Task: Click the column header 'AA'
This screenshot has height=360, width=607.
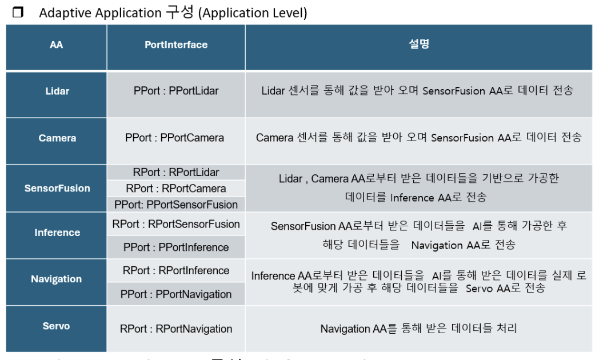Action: [56, 45]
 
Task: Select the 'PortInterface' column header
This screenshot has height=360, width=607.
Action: [176, 45]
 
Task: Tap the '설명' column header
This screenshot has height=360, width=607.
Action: [418, 45]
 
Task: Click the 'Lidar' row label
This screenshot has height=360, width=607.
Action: [56, 91]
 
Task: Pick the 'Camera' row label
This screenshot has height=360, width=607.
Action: [57, 138]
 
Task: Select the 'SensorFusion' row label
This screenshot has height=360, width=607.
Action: [57, 189]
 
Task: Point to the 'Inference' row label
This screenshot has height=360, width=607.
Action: [57, 233]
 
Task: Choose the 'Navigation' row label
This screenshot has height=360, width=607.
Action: [56, 279]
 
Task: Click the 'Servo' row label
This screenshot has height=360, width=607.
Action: [56, 326]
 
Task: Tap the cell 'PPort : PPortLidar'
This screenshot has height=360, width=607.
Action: [176, 91]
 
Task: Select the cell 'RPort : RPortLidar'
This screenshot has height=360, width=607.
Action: [176, 173]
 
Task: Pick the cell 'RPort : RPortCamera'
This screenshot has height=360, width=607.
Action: [176, 189]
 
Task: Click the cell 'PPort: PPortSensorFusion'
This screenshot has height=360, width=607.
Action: [176, 205]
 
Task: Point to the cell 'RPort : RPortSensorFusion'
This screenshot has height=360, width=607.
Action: [176, 224]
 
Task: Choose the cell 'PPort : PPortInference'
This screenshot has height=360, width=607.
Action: [176, 247]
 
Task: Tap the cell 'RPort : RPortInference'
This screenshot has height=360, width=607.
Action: [176, 271]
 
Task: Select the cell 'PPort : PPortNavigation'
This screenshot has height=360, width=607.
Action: [176, 295]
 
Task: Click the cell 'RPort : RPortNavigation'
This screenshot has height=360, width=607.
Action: [176, 329]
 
